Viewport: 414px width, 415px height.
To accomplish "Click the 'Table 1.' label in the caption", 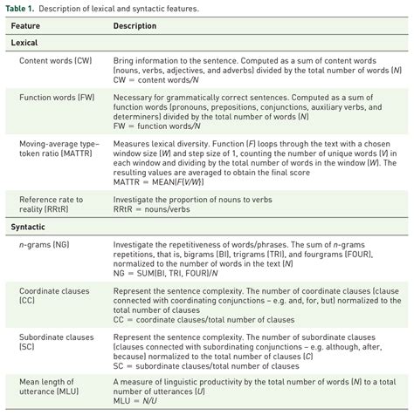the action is point(19,8).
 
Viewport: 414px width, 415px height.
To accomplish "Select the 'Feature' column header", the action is point(25,25).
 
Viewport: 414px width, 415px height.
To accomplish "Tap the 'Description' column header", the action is point(135,25).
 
